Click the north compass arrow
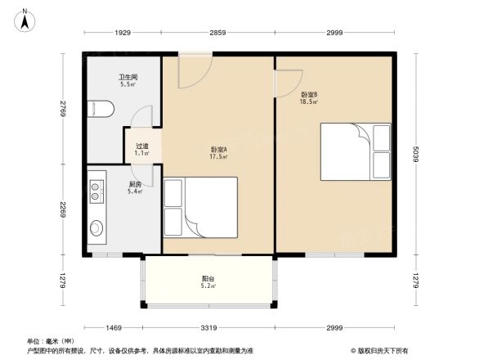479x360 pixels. [x=26, y=18]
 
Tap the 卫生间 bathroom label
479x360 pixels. [x=128, y=80]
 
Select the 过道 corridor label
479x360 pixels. [x=142, y=150]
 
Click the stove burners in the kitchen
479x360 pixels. [x=96, y=191]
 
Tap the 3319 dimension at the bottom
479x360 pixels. [x=209, y=327]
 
